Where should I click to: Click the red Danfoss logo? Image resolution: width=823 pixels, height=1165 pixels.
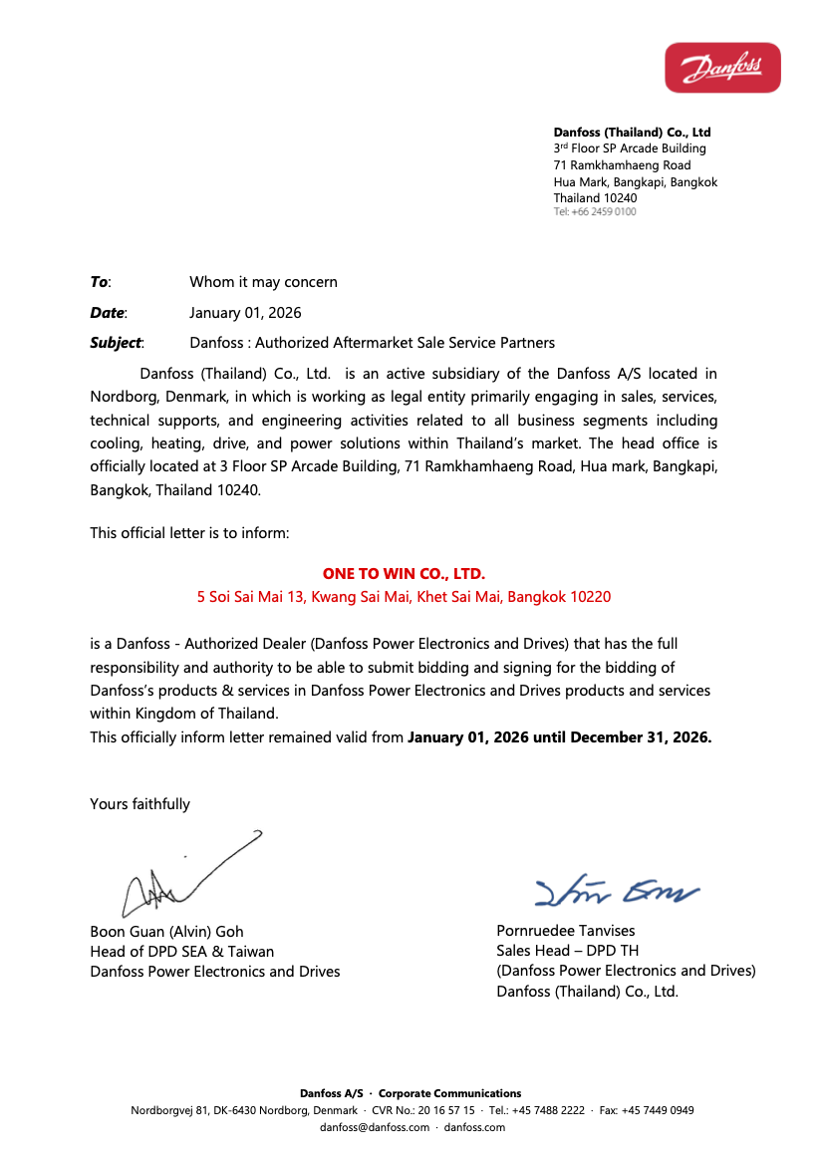(722, 68)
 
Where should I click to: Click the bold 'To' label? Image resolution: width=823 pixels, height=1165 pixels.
(100, 282)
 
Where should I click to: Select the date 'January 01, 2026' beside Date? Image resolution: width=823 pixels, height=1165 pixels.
(245, 313)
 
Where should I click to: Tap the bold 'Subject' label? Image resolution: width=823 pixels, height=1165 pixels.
(116, 343)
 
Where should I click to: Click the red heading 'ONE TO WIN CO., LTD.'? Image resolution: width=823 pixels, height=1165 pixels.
(404, 574)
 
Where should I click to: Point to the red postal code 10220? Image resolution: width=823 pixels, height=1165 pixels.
(590, 597)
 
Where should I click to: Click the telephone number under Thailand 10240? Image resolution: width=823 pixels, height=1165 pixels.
(595, 212)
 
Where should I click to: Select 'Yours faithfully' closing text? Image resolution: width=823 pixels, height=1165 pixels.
(139, 804)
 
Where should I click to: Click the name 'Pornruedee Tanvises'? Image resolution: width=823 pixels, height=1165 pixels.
(565, 931)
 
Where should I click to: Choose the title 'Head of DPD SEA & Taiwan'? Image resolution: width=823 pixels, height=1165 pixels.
(181, 952)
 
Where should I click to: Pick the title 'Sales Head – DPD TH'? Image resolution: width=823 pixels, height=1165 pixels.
(567, 951)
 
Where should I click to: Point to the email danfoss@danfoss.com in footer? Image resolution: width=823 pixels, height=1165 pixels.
(374, 1127)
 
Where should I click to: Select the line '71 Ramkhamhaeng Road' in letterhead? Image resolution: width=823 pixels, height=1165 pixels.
(622, 165)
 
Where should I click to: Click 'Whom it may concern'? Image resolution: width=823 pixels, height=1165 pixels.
(263, 282)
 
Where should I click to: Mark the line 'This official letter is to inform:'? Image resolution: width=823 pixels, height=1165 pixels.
(189, 533)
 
